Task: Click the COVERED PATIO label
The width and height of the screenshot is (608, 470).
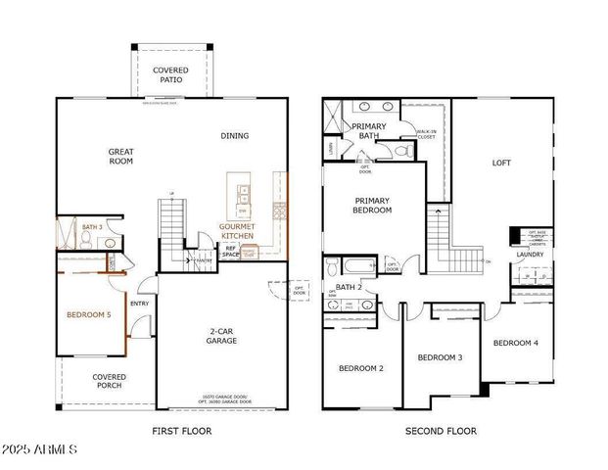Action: click(x=170, y=75)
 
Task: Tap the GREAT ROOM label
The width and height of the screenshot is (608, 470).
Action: click(x=120, y=158)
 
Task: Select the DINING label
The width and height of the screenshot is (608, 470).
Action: click(x=234, y=136)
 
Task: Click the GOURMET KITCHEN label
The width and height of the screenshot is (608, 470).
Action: click(x=237, y=232)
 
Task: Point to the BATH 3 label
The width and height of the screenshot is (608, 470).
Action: click(x=92, y=226)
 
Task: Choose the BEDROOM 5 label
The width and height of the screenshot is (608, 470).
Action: click(x=88, y=314)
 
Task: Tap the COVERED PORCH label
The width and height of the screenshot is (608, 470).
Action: click(x=109, y=382)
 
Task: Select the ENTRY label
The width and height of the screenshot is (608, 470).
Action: click(x=140, y=303)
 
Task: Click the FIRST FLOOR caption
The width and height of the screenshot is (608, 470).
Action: click(x=182, y=431)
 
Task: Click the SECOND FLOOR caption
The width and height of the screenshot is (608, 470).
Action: click(x=442, y=431)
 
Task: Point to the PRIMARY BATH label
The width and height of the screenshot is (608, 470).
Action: click(x=369, y=131)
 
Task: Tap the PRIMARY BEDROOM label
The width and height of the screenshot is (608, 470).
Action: click(x=372, y=205)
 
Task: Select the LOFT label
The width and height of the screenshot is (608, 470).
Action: click(x=502, y=163)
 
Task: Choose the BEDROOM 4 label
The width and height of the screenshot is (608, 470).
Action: click(x=515, y=343)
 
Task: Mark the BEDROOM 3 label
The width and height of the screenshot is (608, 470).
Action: click(x=440, y=357)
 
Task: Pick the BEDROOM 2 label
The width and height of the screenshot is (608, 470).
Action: click(x=360, y=368)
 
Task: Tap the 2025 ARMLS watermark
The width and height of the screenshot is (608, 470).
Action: click(x=41, y=449)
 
